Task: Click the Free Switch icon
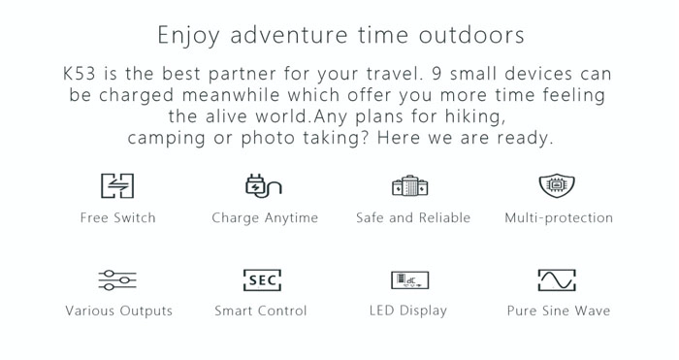(x=117, y=186)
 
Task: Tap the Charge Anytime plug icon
(x=263, y=186)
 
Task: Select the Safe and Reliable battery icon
(x=410, y=186)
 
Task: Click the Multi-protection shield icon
(x=557, y=186)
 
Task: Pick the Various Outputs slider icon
(x=117, y=279)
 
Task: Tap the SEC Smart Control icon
(x=263, y=279)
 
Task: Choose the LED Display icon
(x=410, y=280)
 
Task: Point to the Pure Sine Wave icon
(x=557, y=279)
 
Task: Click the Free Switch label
(x=117, y=217)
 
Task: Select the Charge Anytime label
(x=265, y=218)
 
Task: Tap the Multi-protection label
(x=559, y=218)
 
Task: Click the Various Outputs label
(x=119, y=311)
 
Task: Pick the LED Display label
(x=408, y=311)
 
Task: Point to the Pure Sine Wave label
(x=559, y=311)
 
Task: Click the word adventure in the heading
(x=289, y=35)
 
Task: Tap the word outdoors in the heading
(x=471, y=35)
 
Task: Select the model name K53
(x=80, y=73)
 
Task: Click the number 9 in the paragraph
(x=436, y=73)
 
